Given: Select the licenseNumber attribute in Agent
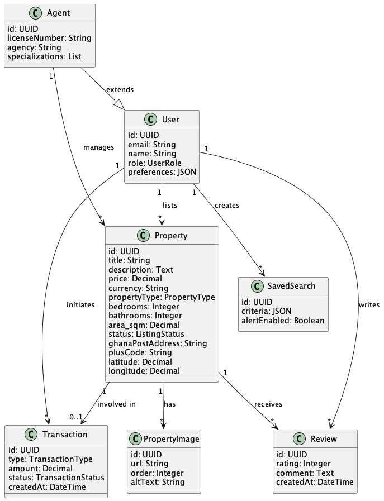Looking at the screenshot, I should coord(49,38).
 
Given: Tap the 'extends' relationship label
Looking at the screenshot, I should coord(120,89).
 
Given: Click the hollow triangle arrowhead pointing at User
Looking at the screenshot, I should coord(118,104).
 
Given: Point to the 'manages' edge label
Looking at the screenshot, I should coord(98,147).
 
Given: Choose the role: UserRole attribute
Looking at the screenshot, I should coord(154,163).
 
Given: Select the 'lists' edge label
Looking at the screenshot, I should coord(169,205).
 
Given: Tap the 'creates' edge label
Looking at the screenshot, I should coord(226,205).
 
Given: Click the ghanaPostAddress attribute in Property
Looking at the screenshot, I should coord(157,343).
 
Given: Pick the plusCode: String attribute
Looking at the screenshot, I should coord(140,352).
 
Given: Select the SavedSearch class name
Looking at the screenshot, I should coord(290,285).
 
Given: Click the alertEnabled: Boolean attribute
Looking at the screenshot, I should coord(282,321).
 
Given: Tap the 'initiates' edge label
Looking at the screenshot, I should coord(80,304).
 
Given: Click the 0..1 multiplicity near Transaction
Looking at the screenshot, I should coord(77,417).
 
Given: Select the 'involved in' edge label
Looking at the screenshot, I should coord(116,404).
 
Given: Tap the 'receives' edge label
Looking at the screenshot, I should coord(268,404).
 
